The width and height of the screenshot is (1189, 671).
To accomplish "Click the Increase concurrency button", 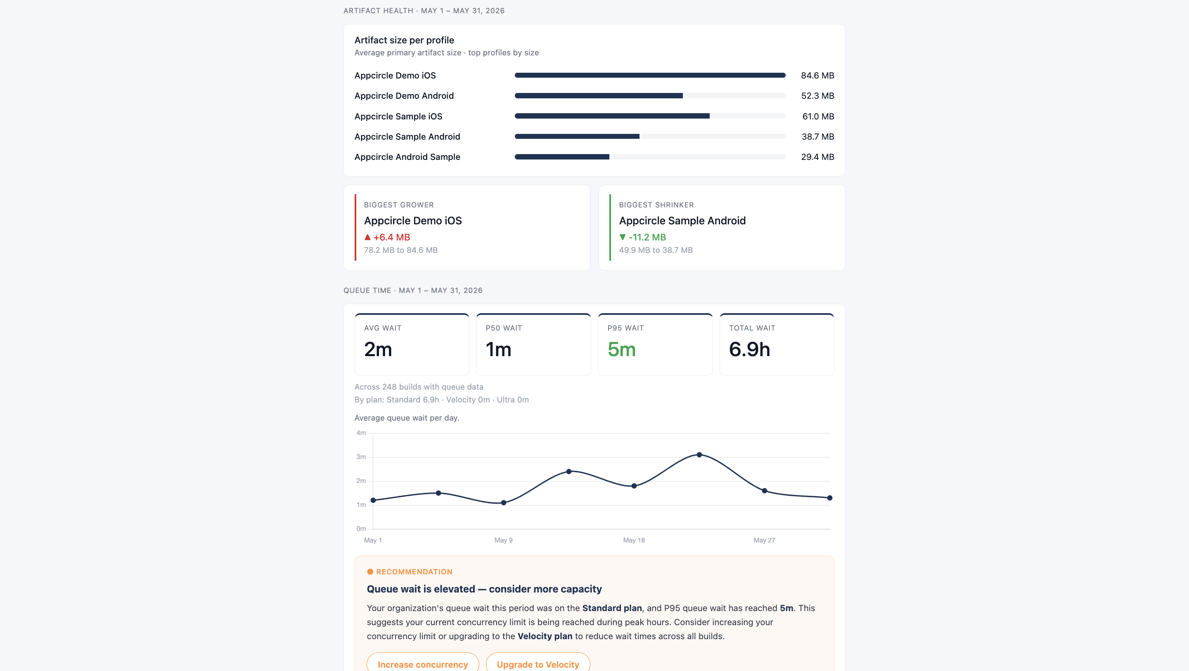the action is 423,663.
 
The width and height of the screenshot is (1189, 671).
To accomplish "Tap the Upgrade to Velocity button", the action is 538,663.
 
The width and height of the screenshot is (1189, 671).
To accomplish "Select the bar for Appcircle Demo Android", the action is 599,95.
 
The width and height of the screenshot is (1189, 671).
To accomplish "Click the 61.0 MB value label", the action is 818,117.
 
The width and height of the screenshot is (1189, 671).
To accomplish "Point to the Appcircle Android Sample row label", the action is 407,157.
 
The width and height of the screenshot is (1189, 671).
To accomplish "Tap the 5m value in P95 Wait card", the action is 621,350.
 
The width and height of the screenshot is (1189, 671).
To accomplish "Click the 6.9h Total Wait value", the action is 749,350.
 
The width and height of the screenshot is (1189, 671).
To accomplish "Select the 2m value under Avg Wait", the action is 378,350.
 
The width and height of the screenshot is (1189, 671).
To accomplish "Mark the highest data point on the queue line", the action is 699,455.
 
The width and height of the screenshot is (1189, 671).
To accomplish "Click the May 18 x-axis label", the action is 634,540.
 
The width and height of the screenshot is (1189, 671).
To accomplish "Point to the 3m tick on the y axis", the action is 361,457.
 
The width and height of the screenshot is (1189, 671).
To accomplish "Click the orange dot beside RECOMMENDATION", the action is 370,572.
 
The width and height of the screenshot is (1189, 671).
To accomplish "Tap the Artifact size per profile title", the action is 404,40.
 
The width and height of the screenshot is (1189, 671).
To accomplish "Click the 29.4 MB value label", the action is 817,157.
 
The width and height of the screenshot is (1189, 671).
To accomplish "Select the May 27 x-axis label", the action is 764,540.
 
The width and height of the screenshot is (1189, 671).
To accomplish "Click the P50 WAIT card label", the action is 504,328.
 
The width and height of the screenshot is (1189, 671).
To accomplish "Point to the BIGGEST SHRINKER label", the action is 656,205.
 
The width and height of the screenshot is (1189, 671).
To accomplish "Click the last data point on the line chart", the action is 830,498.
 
